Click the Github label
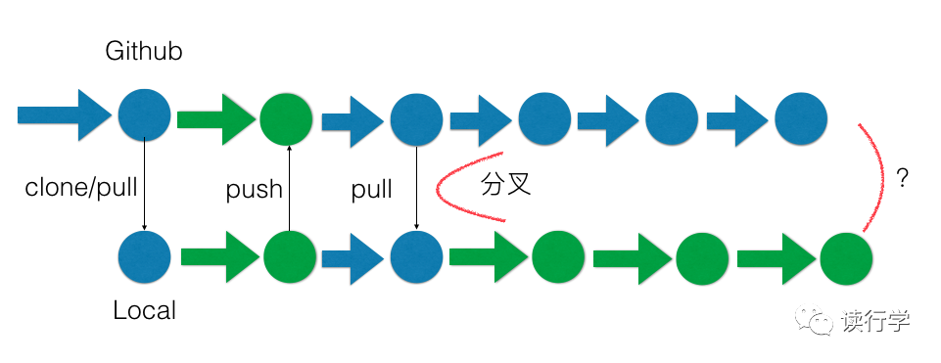pyautogui.click(x=144, y=52)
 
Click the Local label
pyautogui.click(x=145, y=311)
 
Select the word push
pyautogui.click(x=254, y=189)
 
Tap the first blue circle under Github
pyautogui.click(x=144, y=114)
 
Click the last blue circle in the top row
pyautogui.click(x=801, y=117)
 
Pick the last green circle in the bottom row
pyautogui.click(x=846, y=258)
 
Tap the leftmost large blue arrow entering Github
pyautogui.click(x=63, y=114)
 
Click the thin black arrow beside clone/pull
pyautogui.click(x=145, y=186)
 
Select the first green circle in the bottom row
pyautogui.click(x=289, y=258)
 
